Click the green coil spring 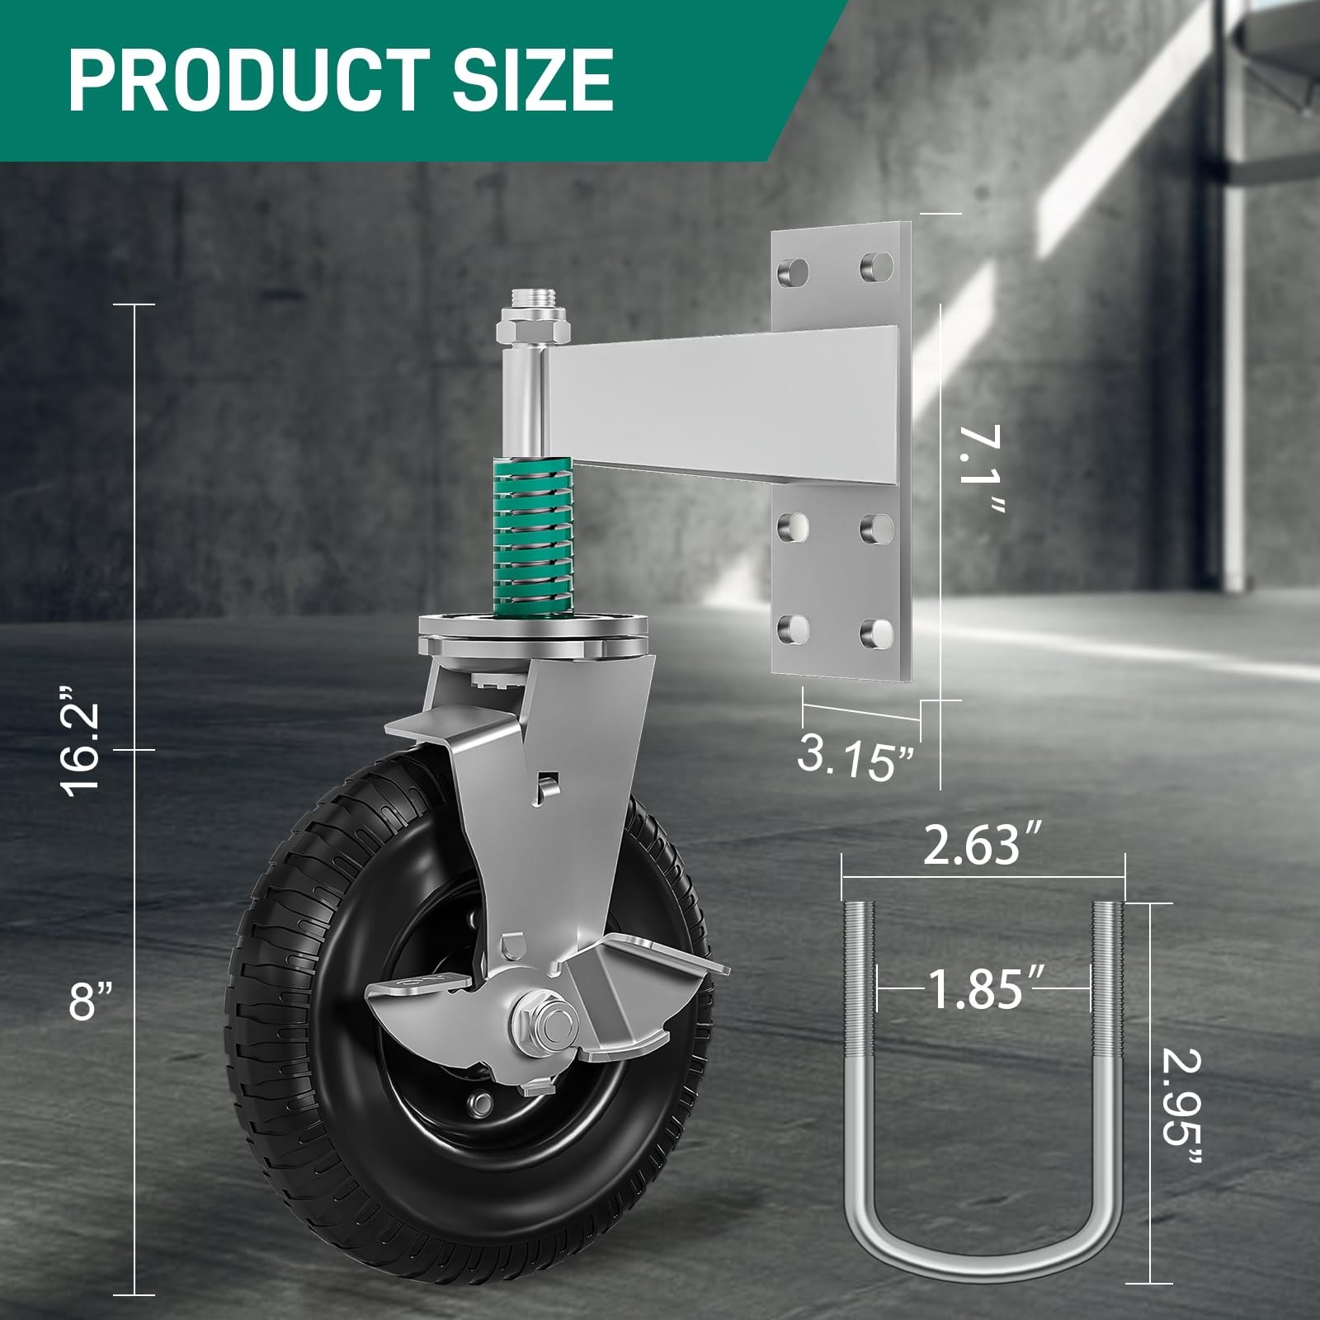(x=526, y=544)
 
